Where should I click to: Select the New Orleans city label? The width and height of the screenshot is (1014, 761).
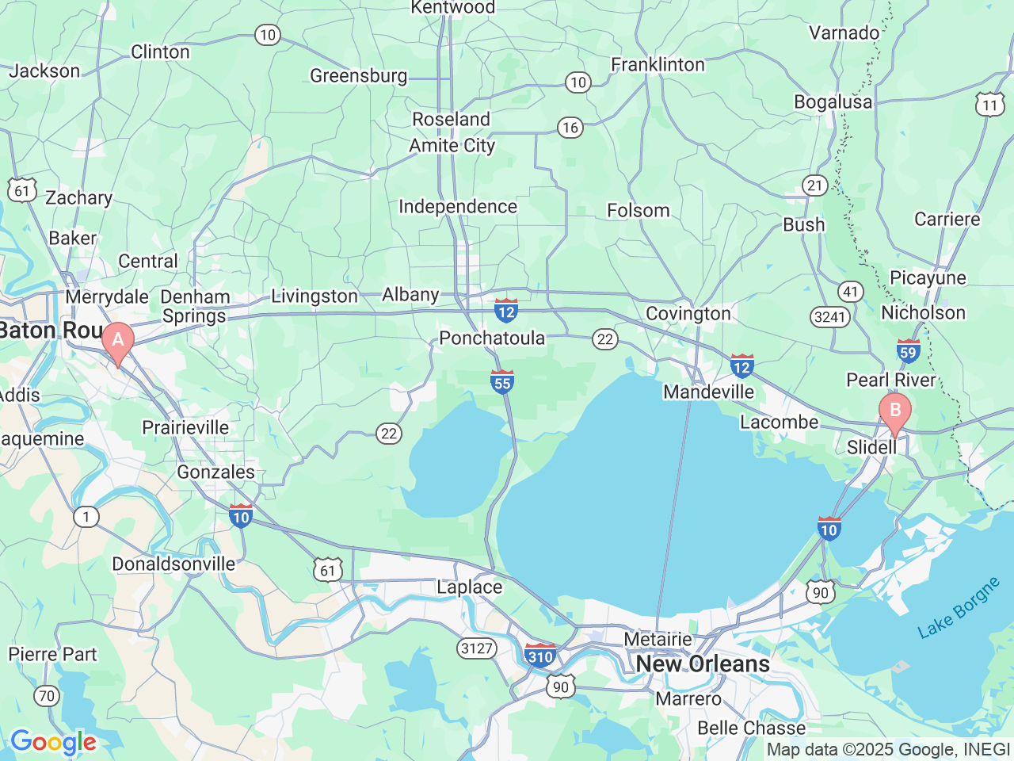tap(703, 663)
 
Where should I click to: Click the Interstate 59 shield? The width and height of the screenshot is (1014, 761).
tap(908, 350)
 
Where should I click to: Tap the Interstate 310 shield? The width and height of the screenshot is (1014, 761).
tap(540, 656)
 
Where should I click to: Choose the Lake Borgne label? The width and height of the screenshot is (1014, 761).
tap(959, 609)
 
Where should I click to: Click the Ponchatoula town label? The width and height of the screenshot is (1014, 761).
tap(492, 338)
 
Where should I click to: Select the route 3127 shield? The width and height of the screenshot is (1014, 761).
tap(477, 648)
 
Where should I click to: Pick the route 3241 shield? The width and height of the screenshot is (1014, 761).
tap(830, 317)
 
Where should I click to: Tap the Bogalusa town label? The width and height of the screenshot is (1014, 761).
tap(833, 102)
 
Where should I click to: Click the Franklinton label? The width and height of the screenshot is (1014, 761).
tap(658, 64)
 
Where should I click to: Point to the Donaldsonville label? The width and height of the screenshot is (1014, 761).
tap(173, 564)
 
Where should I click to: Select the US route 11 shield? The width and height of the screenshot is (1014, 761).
tap(989, 105)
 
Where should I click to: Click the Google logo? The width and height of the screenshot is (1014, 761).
tap(53, 743)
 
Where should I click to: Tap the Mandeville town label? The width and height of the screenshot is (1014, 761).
tap(709, 392)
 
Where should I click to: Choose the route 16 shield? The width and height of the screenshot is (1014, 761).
tap(570, 128)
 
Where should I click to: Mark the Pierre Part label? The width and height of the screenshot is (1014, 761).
tap(52, 654)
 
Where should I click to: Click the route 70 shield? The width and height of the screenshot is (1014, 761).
tap(47, 696)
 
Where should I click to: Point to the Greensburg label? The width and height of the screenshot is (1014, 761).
tap(358, 75)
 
